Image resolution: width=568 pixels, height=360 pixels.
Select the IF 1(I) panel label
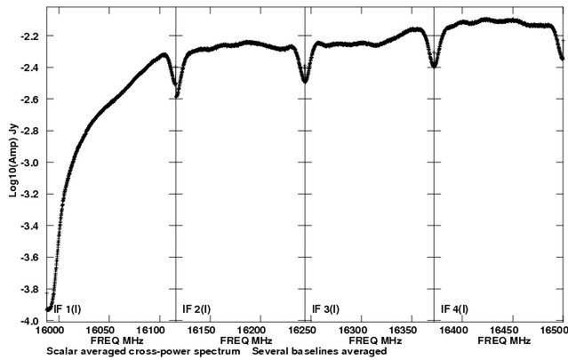[x=68, y=309]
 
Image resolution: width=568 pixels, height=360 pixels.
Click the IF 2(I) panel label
[x=196, y=309]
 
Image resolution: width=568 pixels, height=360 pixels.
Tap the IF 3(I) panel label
[x=326, y=309]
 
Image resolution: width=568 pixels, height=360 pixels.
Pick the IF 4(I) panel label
[x=456, y=309]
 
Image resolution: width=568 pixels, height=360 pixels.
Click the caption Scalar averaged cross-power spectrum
[x=146, y=351]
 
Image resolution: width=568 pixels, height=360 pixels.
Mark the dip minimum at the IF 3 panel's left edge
[x=305, y=81]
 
